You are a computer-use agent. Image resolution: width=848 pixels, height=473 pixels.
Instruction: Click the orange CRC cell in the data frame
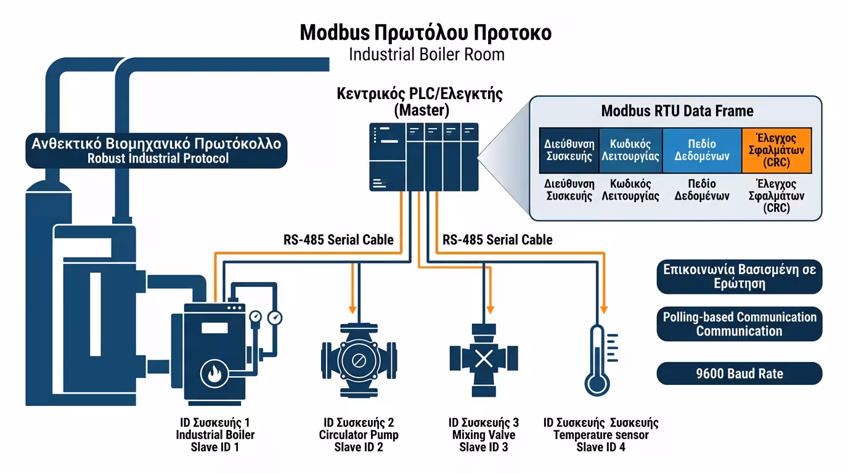pyautogui.click(x=776, y=150)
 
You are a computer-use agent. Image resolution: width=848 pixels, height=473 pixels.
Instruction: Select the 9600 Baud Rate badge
pyautogui.click(x=739, y=374)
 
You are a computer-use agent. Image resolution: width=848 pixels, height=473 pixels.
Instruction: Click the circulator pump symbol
pyautogui.click(x=356, y=358)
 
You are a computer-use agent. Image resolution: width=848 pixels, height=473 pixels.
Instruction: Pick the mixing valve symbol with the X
pyautogui.click(x=484, y=358)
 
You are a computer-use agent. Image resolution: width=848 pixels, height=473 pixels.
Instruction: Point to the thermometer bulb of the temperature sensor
pyautogui.click(x=596, y=384)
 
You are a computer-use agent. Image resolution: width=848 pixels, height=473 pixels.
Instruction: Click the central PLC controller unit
pyautogui.click(x=424, y=157)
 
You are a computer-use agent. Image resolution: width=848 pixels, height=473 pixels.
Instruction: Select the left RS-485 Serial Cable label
pyautogui.click(x=338, y=240)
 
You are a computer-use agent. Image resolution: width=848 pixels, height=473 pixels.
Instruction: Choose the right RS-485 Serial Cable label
pyautogui.click(x=497, y=240)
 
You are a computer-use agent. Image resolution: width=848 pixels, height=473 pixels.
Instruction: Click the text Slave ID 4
pyautogui.click(x=601, y=448)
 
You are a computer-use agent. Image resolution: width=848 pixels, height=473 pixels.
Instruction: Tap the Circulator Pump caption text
pyautogui.click(x=358, y=435)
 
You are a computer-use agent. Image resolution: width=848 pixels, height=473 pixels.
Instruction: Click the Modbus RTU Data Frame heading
pyautogui.click(x=677, y=111)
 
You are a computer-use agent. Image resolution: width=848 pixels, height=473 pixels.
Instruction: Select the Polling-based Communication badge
pyautogui.click(x=739, y=324)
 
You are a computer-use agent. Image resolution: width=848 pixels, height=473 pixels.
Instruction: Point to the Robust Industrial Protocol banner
pyautogui.click(x=157, y=151)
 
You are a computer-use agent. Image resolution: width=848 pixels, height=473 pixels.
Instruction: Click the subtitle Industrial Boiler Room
pyautogui.click(x=426, y=54)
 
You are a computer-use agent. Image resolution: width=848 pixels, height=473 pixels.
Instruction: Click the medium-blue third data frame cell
pyautogui.click(x=701, y=150)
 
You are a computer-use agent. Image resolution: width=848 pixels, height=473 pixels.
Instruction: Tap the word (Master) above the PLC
pyautogui.click(x=422, y=111)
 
